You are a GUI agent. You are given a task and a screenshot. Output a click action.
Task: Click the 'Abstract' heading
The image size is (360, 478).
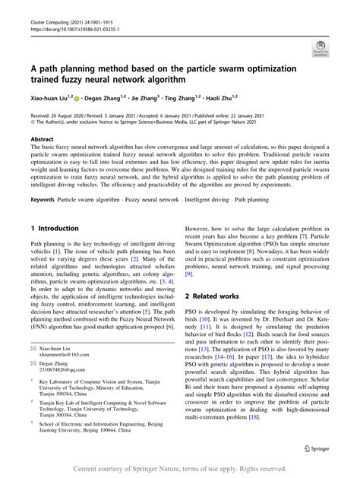(42, 139)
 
